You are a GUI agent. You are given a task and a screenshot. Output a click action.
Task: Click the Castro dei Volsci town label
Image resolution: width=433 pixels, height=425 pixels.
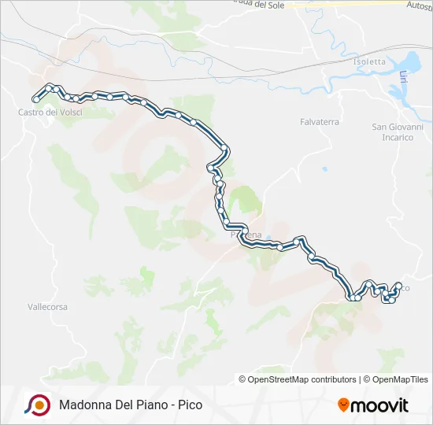click(x=50, y=113)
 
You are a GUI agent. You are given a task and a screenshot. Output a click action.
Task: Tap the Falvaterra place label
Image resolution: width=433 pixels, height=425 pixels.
click(x=320, y=122)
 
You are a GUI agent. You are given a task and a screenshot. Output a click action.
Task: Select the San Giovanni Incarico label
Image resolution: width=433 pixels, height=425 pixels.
click(x=398, y=131)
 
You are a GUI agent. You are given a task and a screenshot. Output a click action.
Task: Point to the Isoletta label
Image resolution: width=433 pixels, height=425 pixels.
click(x=370, y=62)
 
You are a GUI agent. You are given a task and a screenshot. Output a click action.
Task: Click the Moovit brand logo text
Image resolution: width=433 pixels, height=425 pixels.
click(x=379, y=405)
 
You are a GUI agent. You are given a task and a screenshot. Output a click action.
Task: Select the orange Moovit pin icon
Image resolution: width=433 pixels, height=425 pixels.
click(x=343, y=405)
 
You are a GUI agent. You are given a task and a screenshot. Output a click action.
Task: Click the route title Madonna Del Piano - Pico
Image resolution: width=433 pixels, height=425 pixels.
click(x=130, y=405)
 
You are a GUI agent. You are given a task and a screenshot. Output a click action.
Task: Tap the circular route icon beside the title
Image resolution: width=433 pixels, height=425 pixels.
click(x=37, y=405)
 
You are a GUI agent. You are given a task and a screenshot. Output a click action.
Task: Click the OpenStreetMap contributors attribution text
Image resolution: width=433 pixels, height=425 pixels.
click(x=302, y=379)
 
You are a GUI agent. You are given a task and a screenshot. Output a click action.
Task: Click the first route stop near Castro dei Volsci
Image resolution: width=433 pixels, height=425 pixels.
click(x=35, y=99)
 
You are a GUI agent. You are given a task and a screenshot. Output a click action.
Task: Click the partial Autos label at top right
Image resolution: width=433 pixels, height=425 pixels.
click(x=418, y=5)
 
